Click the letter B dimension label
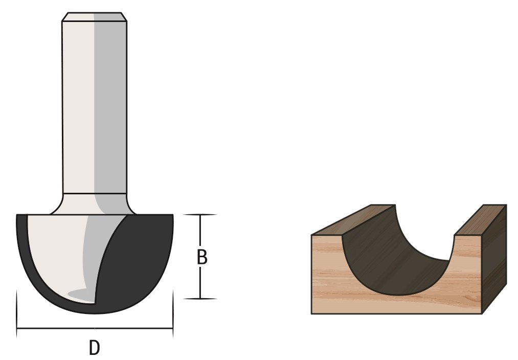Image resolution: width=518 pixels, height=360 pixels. point(202,258)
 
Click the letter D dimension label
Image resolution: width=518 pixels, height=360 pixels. point(94,348)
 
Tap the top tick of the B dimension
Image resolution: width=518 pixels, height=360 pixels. point(200,215)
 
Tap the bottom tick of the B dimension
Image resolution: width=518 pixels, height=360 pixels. point(200,298)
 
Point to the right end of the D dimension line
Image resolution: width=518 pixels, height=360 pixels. point(173,328)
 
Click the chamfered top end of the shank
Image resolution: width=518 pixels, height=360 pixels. point(94,17)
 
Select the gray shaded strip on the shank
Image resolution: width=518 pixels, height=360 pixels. point(109,102)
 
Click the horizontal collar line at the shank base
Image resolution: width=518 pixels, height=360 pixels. point(94,193)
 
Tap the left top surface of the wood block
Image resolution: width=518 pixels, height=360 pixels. point(353,220)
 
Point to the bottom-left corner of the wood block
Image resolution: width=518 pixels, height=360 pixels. point(312,313)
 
